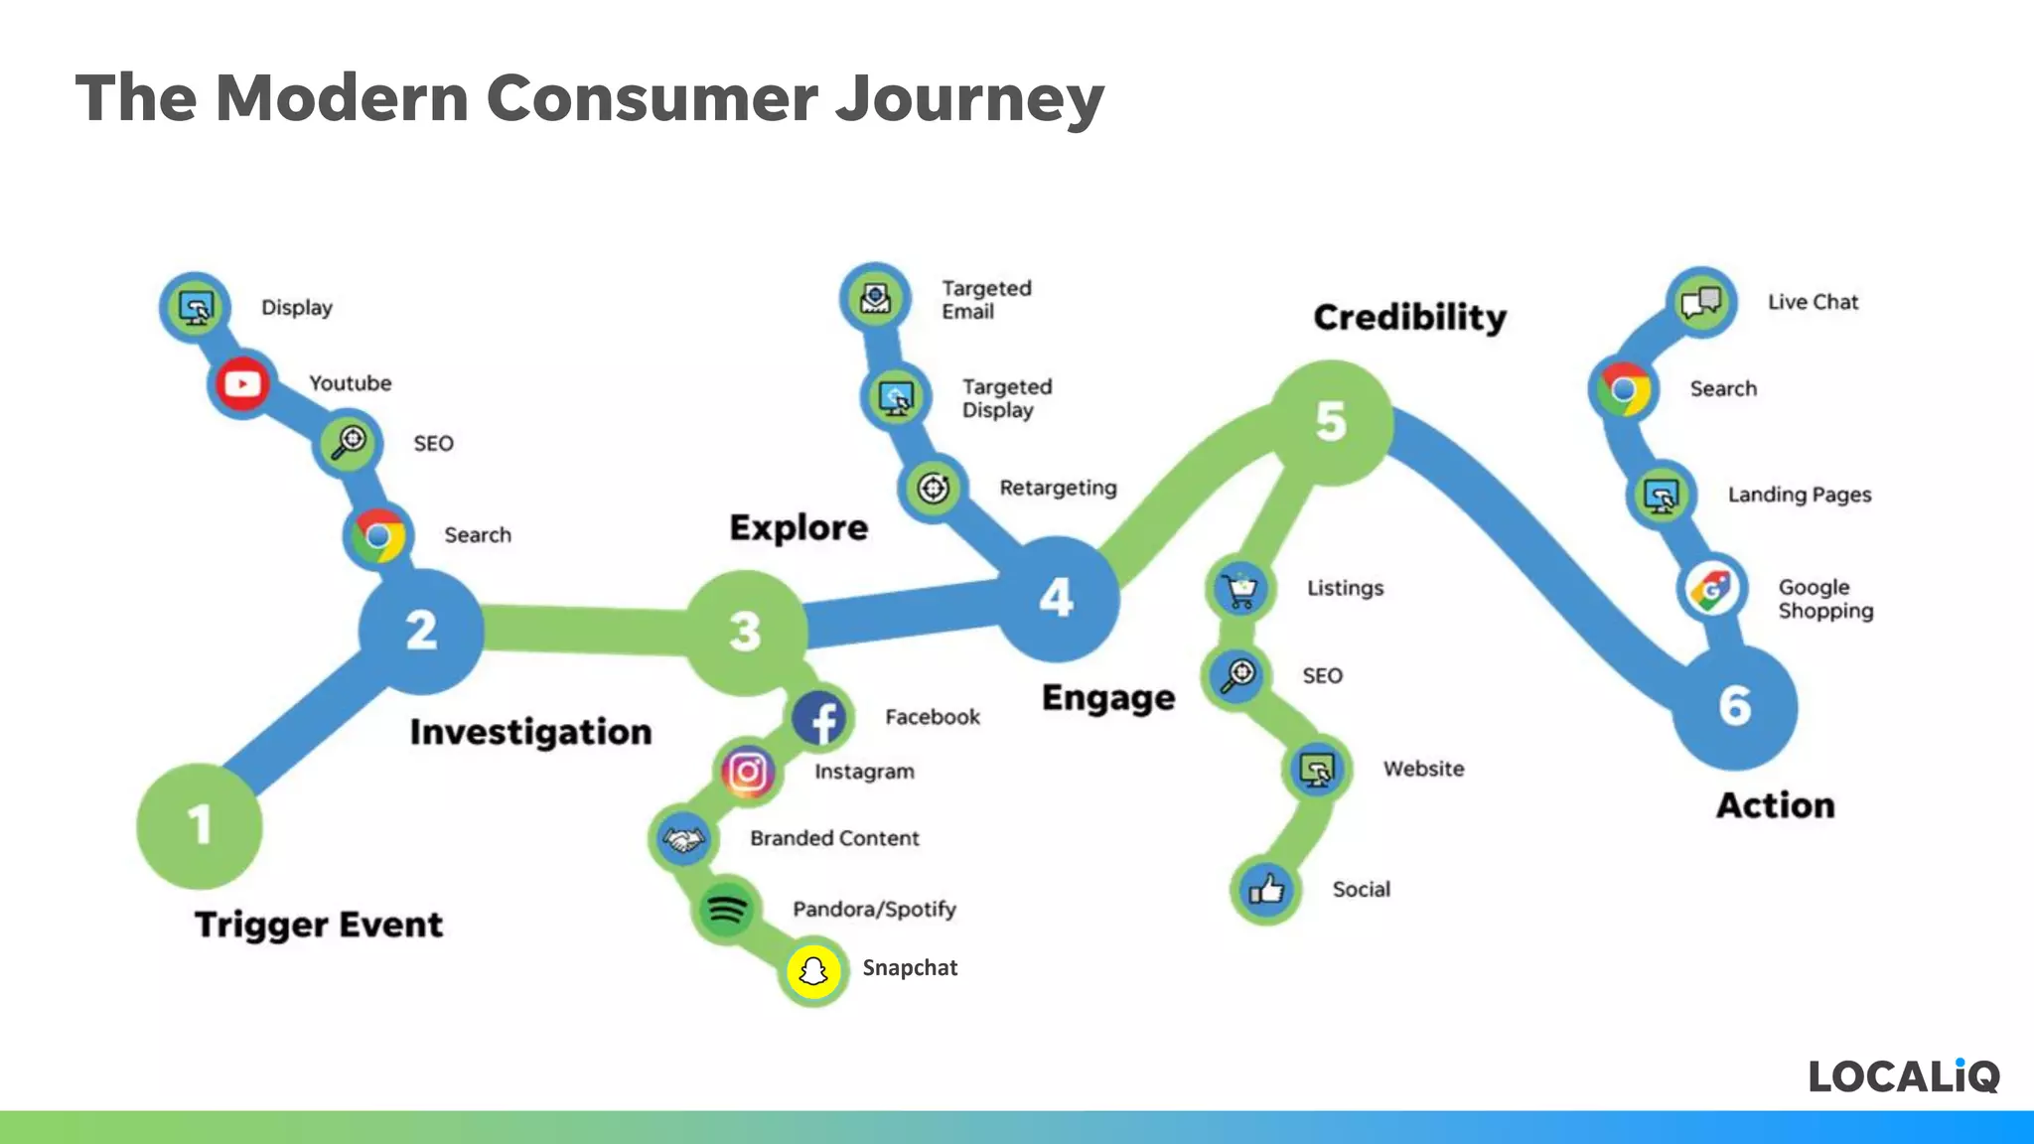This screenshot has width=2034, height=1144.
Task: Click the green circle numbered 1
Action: (x=200, y=825)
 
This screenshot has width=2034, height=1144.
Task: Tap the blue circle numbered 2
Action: (x=421, y=631)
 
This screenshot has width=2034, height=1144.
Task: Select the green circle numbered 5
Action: (x=1331, y=422)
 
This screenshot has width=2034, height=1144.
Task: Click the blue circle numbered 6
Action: (x=1735, y=706)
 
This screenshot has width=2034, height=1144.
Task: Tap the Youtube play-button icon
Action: (x=242, y=383)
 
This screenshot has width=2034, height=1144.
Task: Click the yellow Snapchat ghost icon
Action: (x=813, y=970)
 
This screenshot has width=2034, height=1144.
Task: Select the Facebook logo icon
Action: (x=821, y=718)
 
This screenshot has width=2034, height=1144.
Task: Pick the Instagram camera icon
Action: (x=748, y=772)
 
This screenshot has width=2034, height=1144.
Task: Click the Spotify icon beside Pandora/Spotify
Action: (x=726, y=910)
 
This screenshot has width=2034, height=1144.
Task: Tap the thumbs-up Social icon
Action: (x=1266, y=890)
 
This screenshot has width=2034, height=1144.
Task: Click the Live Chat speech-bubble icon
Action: (x=1701, y=302)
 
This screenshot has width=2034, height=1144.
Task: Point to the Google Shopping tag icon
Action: (x=1711, y=590)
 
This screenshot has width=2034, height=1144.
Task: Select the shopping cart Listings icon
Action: (x=1240, y=589)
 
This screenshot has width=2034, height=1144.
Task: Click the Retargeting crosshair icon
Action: (x=933, y=488)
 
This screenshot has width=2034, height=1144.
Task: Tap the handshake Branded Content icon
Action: (x=683, y=840)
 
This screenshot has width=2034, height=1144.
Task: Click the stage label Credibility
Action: (x=1409, y=318)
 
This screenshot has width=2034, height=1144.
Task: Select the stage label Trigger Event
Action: (x=318, y=925)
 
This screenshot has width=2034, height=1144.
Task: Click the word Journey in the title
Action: (x=969, y=99)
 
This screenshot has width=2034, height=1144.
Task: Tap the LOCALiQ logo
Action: (x=1903, y=1076)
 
